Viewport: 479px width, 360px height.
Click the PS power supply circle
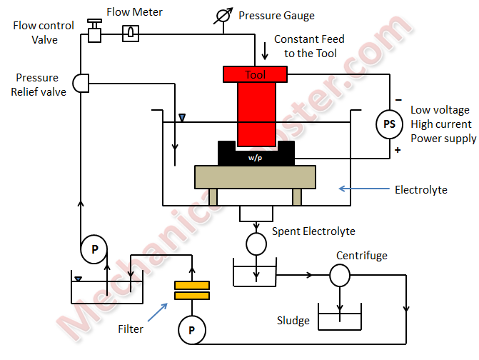(389, 124)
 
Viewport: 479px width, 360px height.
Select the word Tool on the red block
(255, 74)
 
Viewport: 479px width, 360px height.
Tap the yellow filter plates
(192, 291)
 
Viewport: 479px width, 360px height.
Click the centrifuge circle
(339, 274)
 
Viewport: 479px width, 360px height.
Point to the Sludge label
(293, 321)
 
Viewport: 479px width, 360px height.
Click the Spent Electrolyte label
(313, 231)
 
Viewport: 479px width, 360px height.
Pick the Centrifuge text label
(362, 255)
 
